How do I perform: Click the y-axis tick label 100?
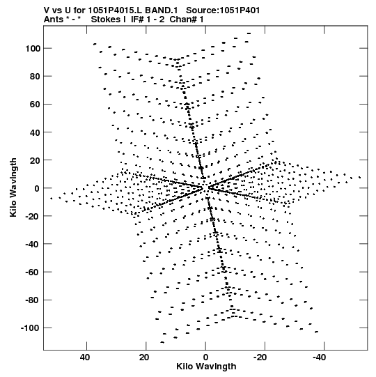click(33, 49)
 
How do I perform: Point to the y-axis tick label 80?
click(35, 77)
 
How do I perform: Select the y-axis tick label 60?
click(35, 105)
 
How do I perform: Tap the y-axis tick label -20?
click(33, 216)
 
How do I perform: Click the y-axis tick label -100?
click(30, 328)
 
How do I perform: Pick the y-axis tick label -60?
click(33, 272)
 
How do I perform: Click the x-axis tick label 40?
click(85, 357)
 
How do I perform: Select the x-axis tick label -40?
click(320, 357)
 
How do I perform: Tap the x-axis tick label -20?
click(260, 357)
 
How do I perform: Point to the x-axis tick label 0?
click(205, 357)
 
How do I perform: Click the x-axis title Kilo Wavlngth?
click(206, 367)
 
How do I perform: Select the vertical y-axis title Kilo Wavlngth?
click(13, 187)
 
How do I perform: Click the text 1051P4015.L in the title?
click(116, 10)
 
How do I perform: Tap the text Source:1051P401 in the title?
click(223, 10)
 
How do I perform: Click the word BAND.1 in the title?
click(162, 10)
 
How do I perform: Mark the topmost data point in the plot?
click(249, 33)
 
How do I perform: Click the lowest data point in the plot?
click(162, 342)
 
